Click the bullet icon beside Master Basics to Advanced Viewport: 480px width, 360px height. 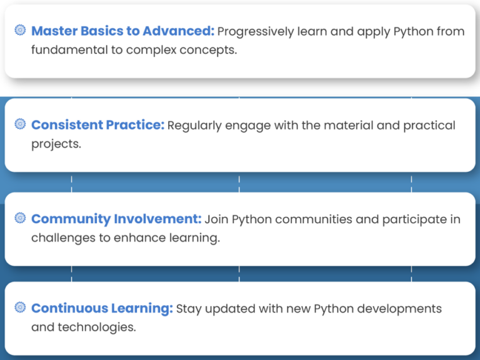[x=20, y=30]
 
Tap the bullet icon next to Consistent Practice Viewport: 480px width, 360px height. [x=20, y=124]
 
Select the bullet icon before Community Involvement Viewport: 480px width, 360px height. [x=20, y=218]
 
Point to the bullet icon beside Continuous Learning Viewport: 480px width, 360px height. [x=20, y=307]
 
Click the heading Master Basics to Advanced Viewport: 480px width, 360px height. [x=123, y=31]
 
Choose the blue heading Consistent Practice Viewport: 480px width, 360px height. [x=98, y=125]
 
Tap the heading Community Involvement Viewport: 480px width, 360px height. [x=117, y=219]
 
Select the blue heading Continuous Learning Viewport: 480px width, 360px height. [x=102, y=308]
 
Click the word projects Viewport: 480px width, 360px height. [x=56, y=144]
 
